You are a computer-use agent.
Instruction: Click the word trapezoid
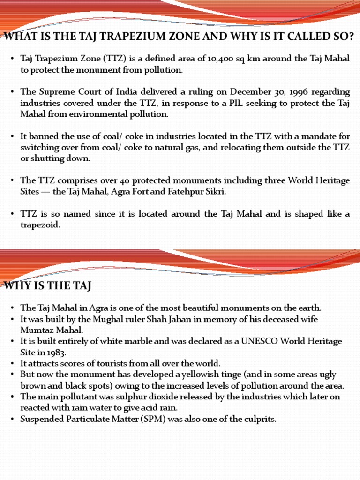40,225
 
